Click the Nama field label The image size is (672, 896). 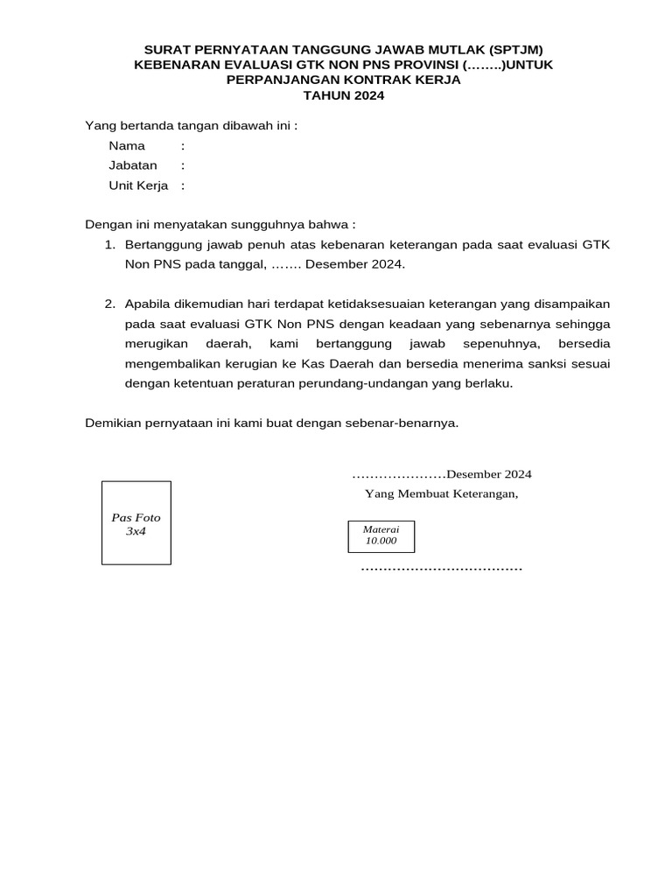click(x=127, y=145)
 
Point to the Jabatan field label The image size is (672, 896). click(x=133, y=165)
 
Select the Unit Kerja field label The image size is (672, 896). click(x=138, y=185)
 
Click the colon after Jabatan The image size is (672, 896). click(x=183, y=165)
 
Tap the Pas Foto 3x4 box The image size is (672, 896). click(x=136, y=523)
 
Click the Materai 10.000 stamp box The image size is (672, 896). click(x=381, y=535)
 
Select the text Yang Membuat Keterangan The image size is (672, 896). click(x=441, y=494)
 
